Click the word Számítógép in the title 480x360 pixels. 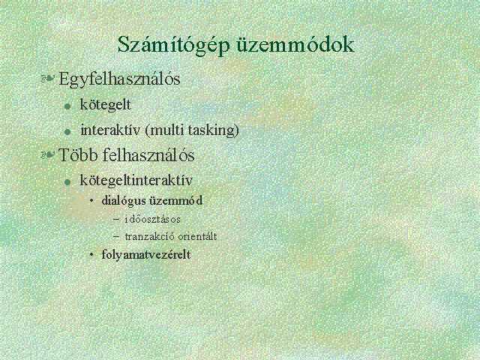pos(173,45)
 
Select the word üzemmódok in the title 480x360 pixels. pos(295,44)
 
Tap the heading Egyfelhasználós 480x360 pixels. pos(119,79)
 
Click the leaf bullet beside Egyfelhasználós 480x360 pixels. pos(47,79)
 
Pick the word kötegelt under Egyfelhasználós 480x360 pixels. pos(105,105)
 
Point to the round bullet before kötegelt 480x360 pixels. pos(67,106)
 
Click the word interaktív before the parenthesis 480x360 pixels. pos(110,130)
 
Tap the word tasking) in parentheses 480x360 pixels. pos(213,130)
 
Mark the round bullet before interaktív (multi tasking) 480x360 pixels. pos(67,132)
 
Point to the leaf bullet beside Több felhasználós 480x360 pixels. pos(47,155)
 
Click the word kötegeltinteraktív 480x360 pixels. pos(136,180)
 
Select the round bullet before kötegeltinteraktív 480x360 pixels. pos(67,182)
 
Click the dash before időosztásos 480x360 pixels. pos(116,219)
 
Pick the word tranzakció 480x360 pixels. pos(149,237)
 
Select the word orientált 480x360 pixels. pos(197,236)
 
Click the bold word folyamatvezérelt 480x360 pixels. pos(146,255)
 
